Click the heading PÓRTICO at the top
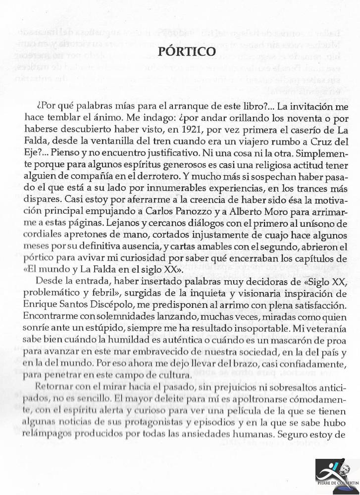180,51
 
